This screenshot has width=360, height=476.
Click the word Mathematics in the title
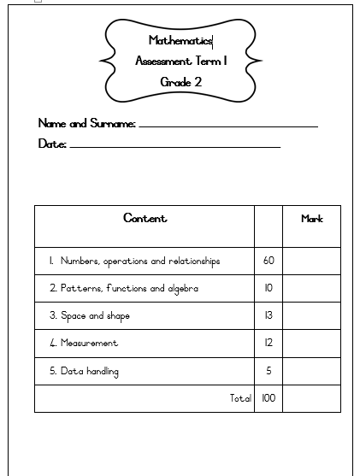pos(180,40)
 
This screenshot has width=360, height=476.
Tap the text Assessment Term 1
pos(181,61)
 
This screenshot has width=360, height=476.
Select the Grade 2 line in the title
pos(180,82)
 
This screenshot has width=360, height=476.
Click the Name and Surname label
pos(86,124)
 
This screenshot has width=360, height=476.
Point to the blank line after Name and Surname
pos(227,126)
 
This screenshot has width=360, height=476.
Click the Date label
pos(52,144)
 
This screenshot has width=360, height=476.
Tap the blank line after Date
pos(174,147)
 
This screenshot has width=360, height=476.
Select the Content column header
pos(145,219)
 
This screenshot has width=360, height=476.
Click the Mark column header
pos(311,220)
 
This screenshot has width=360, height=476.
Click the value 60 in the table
pos(269,262)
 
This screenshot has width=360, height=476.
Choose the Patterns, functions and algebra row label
pos(123,289)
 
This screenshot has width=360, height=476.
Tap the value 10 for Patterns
pos(269,289)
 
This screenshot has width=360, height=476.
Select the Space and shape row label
pos(89,316)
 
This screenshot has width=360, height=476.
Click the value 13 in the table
pos(269,316)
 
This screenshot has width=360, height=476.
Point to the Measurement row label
pos(83,344)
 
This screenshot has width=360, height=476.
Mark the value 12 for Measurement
pos(269,344)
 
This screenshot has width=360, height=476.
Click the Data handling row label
pos(83,372)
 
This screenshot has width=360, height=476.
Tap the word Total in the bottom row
pos(240,398)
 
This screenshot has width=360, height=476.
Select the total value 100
pos(269,398)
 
